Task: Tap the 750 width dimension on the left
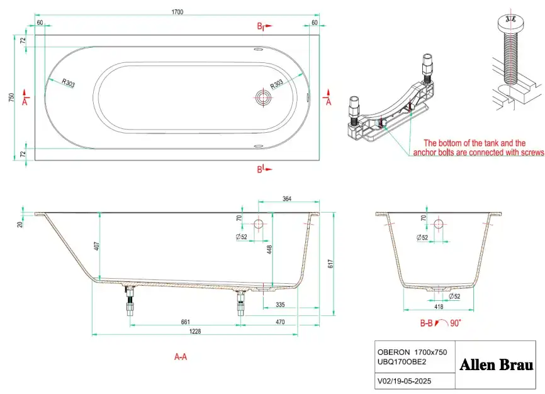(x=11, y=98)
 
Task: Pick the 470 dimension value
(x=280, y=322)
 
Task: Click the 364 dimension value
(x=286, y=200)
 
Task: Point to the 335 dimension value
(x=281, y=305)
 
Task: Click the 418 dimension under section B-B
(x=439, y=307)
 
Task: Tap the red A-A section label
(x=181, y=357)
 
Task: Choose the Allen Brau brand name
(x=497, y=365)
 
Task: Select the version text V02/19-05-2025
(x=407, y=381)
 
